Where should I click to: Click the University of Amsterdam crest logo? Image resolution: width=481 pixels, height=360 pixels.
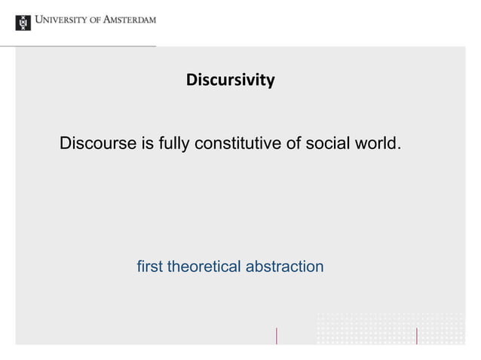(23, 22)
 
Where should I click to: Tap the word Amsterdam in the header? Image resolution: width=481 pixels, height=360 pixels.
(129, 22)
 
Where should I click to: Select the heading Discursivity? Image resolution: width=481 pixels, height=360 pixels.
(231, 79)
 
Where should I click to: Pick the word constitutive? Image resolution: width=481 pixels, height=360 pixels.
(237, 143)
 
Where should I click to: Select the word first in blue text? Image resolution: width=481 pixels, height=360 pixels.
(150, 267)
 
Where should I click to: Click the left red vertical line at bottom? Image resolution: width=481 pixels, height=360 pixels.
(277, 335)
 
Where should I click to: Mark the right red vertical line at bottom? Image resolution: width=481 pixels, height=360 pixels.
(417, 335)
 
